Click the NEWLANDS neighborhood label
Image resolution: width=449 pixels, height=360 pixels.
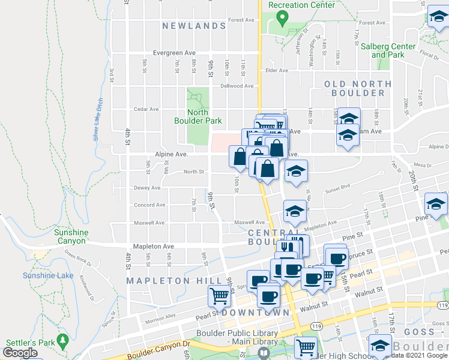(x=194, y=26)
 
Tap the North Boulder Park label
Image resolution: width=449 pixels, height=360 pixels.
(x=198, y=116)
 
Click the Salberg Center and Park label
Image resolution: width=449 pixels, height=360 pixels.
(x=387, y=50)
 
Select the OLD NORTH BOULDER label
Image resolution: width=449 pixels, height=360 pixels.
(x=354, y=88)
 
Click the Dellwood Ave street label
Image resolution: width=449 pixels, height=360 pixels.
(x=237, y=86)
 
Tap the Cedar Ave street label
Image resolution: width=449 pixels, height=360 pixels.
(x=146, y=109)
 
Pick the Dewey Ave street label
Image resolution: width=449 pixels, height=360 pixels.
(x=147, y=188)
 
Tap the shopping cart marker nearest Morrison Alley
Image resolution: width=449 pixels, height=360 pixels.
(x=220, y=295)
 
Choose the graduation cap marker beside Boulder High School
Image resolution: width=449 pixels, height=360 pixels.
(x=379, y=346)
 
